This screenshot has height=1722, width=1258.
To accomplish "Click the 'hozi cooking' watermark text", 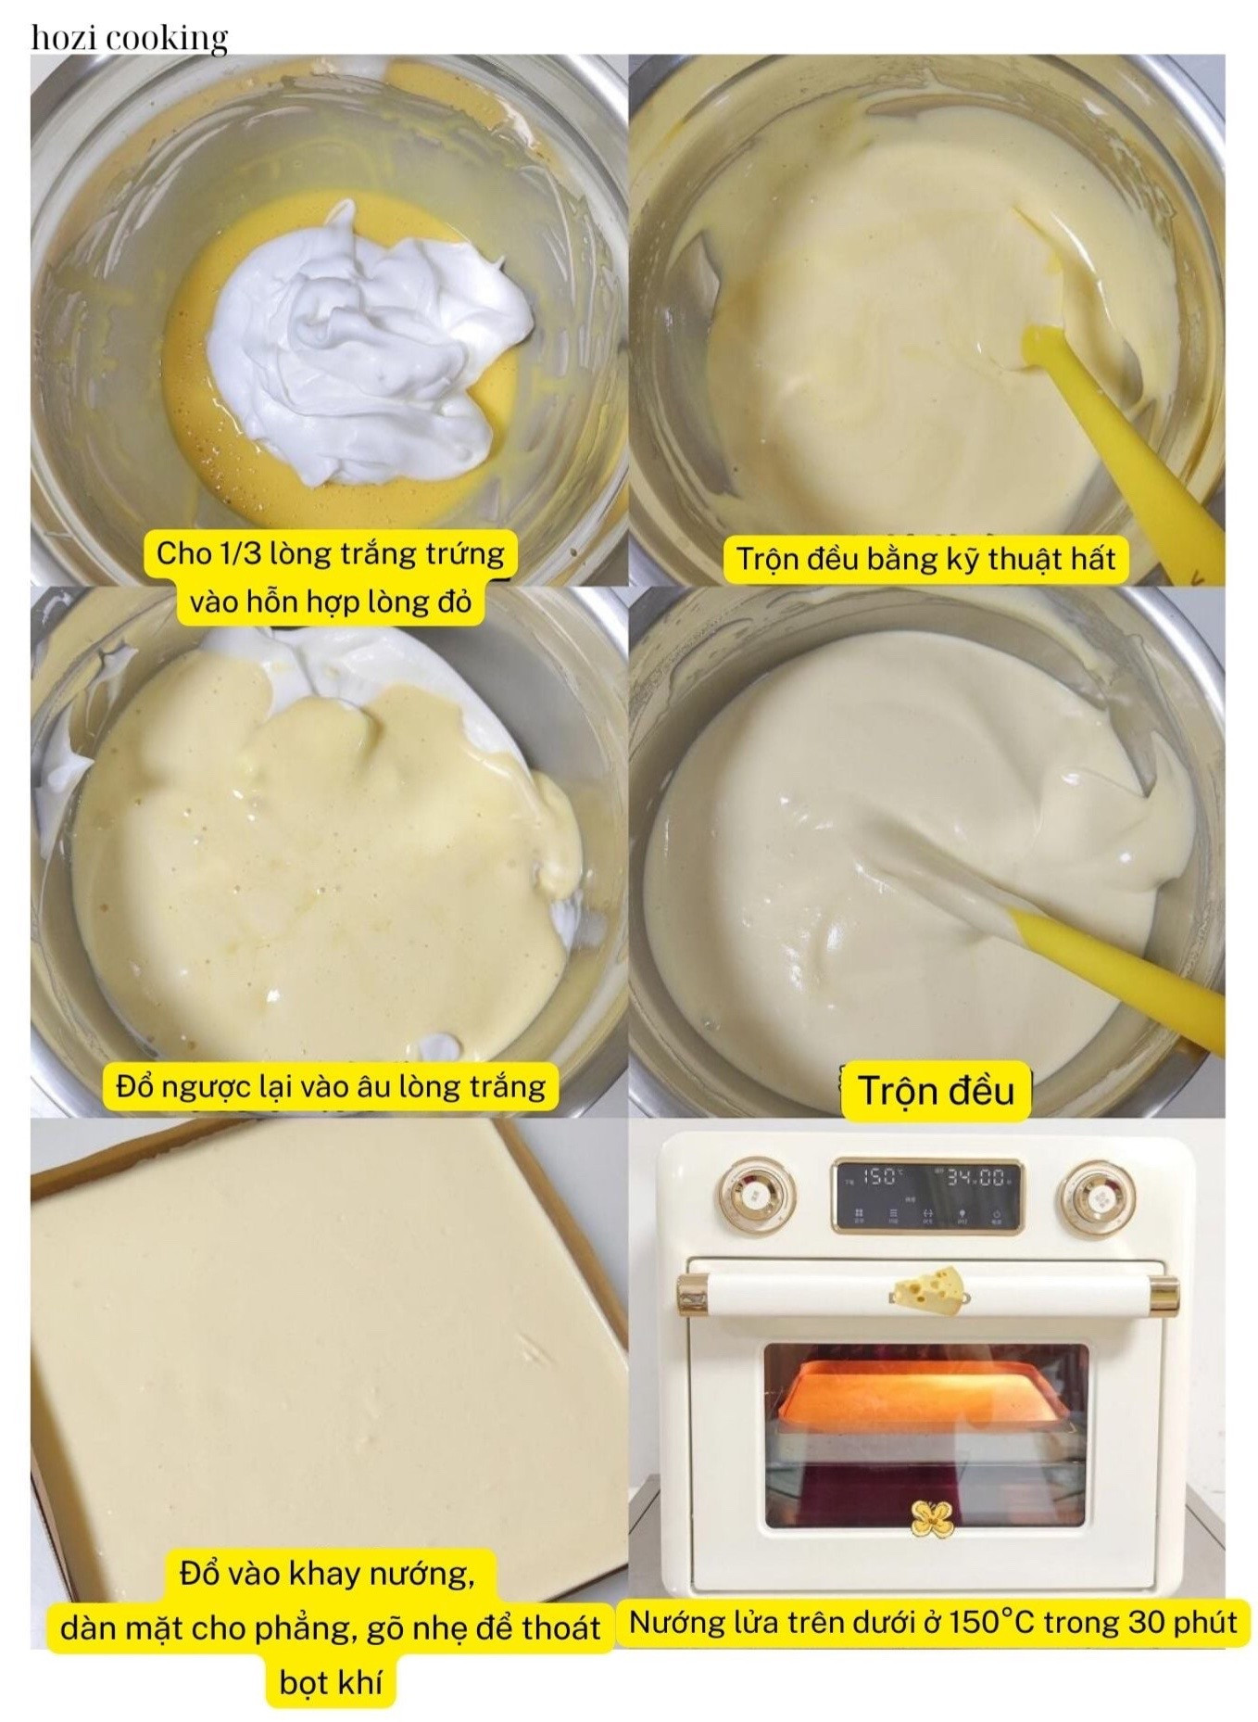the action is click(130, 38).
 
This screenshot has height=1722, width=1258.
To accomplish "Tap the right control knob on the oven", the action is click(1098, 1198).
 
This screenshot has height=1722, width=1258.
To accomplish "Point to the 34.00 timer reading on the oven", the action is click(975, 1178).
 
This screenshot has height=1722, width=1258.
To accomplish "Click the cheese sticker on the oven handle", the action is click(929, 1289).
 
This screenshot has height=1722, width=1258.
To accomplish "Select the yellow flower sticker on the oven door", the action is click(932, 1518).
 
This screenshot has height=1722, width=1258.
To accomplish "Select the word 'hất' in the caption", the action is click(1093, 559).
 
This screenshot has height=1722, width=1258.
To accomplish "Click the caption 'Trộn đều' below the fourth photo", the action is click(936, 1091).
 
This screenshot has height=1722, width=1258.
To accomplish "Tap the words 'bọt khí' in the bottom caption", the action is click(331, 1682).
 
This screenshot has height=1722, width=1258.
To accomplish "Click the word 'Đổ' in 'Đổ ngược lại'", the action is click(134, 1086).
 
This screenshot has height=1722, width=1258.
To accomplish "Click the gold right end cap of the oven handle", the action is click(1165, 1295).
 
